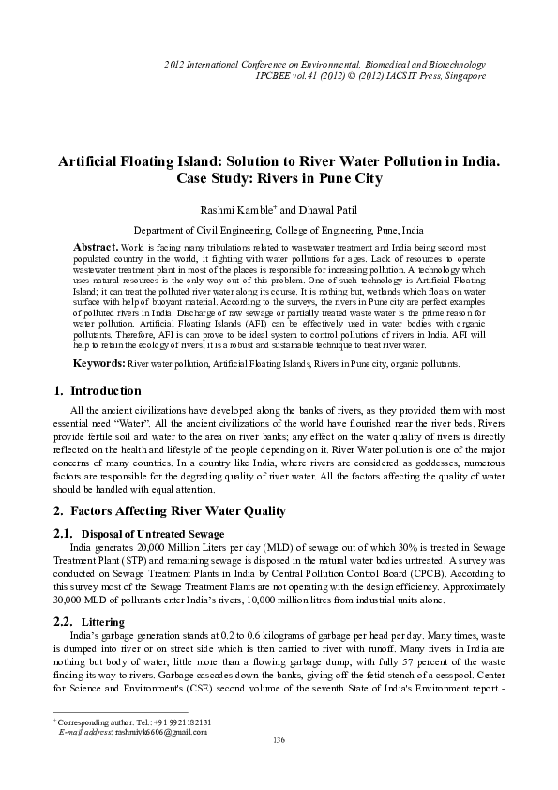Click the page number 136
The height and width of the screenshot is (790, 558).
tap(279, 741)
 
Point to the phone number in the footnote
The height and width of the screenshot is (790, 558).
tap(184, 722)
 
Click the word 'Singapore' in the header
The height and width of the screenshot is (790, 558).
tap(462, 75)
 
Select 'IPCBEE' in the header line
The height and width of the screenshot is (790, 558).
tap(275, 75)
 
